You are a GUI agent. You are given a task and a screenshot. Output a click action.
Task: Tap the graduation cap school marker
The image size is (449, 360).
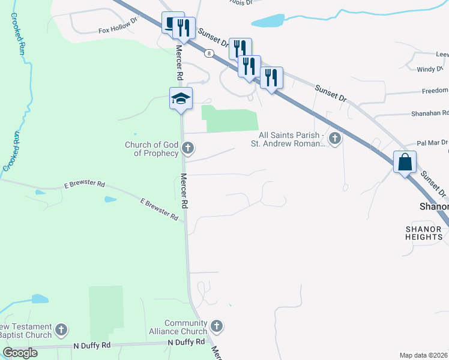[x=180, y=98]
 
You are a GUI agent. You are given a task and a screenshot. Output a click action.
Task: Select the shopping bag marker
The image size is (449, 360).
[x=405, y=161]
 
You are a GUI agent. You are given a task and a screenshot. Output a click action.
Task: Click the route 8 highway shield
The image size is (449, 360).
[x=208, y=53]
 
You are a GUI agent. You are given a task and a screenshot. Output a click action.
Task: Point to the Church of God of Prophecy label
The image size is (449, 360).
[x=151, y=149]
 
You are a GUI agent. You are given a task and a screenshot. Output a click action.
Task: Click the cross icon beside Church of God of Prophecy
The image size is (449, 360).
[x=188, y=148]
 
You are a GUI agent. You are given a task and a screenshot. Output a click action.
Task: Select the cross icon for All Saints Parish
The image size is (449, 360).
[x=335, y=140]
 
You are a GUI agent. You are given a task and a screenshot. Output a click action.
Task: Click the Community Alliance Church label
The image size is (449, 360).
[x=185, y=327]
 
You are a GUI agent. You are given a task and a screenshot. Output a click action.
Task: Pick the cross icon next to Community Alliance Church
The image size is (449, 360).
[x=217, y=327]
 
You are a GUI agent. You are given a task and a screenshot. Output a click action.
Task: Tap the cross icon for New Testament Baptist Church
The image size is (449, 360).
[x=61, y=329]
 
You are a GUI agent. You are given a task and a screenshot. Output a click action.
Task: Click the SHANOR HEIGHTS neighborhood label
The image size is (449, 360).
[x=424, y=233]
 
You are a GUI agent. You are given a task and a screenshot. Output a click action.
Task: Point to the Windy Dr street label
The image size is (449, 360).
[x=430, y=70]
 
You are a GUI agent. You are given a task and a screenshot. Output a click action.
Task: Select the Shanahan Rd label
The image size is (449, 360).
[x=429, y=113]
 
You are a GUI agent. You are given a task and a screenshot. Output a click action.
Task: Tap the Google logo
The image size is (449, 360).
[x=20, y=353]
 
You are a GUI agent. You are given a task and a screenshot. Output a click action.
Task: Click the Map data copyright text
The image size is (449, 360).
[x=423, y=355]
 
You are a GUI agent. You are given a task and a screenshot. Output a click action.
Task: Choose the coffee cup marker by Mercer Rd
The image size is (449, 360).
[x=172, y=24]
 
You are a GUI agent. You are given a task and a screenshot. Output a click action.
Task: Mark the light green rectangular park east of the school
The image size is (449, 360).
[x=231, y=119]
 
